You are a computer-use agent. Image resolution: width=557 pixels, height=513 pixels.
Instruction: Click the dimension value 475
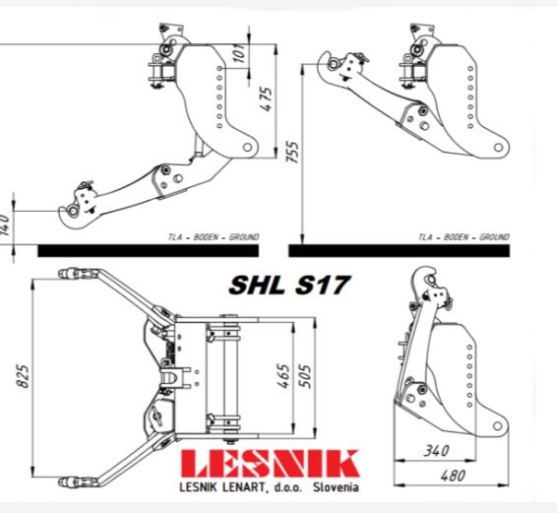268,98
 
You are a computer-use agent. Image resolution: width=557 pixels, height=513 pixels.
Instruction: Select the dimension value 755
293,153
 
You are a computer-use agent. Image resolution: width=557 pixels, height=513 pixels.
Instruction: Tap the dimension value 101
240,52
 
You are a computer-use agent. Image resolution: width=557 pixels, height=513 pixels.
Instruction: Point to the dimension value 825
24,376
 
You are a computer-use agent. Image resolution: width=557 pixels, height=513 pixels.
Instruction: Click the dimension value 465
284,376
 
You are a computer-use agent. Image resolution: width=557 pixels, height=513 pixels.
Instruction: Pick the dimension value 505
305,376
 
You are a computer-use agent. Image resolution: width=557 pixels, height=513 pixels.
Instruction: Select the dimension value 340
436,451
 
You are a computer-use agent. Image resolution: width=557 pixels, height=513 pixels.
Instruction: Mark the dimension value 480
453,476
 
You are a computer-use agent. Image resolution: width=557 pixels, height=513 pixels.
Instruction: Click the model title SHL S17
289,285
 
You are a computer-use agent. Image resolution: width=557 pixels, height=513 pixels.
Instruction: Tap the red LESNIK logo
270,464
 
